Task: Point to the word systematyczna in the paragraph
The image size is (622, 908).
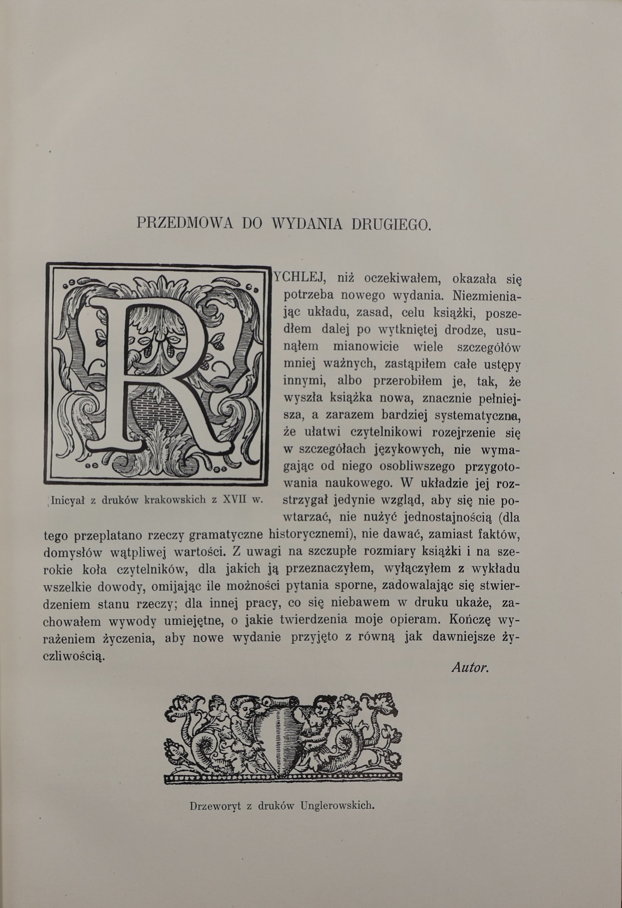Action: click(477, 415)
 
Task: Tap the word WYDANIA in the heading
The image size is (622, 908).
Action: click(307, 223)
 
